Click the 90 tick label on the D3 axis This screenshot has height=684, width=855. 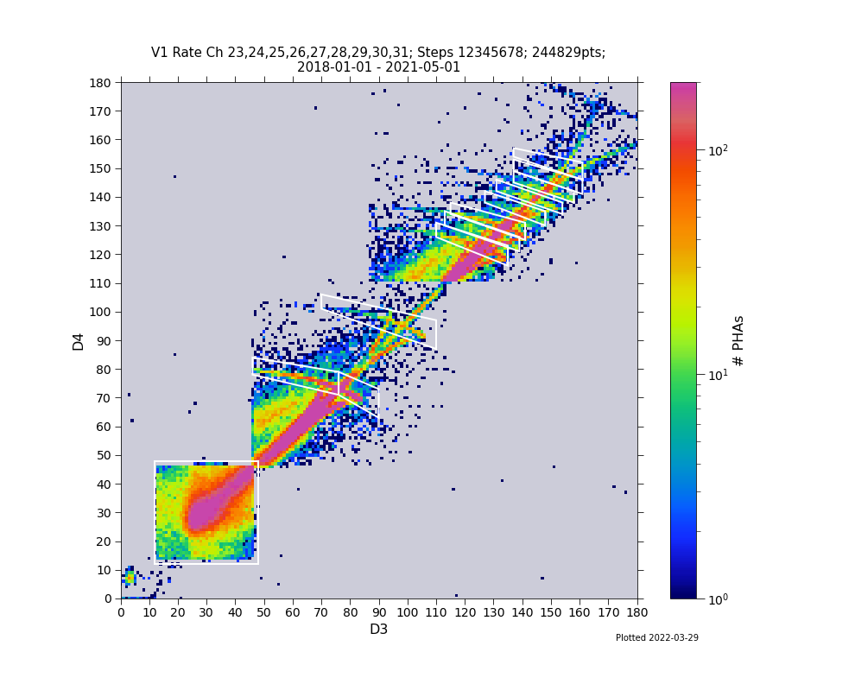coord(378,612)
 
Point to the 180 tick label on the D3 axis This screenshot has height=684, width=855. coord(636,612)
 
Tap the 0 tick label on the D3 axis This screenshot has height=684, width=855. coord(121,612)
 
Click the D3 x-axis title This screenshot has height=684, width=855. coord(378,630)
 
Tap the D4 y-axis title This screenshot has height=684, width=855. coord(79,340)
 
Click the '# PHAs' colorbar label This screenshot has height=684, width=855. coord(738,340)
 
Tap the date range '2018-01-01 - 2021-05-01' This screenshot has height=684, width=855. coord(378,67)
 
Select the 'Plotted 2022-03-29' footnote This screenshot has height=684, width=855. coord(656,638)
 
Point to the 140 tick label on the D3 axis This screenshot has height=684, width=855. coord(522,612)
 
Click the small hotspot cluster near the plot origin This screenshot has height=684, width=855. coord(130,577)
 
